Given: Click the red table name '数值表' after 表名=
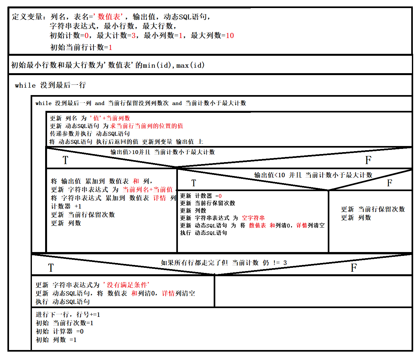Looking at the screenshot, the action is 110,17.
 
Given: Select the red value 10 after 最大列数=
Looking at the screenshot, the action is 230,35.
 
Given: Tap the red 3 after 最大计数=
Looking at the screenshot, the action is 133,35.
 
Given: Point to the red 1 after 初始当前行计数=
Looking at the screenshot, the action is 110,47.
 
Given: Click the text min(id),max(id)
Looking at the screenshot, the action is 174,65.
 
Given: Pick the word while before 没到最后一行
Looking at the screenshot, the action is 25,85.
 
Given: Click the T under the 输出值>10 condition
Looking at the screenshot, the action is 65,160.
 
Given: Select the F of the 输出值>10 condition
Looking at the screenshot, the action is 368,160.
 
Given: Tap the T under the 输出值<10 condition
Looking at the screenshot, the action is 194,183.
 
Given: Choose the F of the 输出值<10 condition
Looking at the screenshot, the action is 389,183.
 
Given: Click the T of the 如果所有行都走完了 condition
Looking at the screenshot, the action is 51,268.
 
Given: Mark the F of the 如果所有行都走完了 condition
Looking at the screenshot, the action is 354,268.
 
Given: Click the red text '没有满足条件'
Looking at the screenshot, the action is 126,285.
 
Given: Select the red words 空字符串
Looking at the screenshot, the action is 253,218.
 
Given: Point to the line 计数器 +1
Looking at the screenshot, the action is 66,206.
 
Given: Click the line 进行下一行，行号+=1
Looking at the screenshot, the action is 68,315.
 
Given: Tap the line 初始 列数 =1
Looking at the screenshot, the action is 56,340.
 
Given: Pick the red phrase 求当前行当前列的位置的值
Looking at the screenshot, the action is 147,126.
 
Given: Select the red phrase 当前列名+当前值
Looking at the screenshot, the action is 148,190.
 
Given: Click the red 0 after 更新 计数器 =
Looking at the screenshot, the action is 220,196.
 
